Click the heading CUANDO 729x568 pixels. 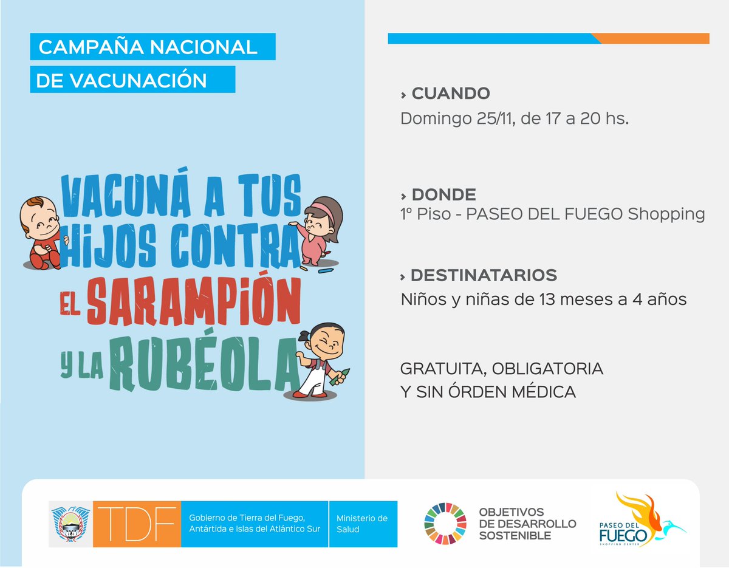[x=450, y=94]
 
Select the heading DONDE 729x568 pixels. [x=443, y=194]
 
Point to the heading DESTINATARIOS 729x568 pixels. [x=484, y=275]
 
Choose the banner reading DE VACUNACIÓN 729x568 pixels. [x=132, y=80]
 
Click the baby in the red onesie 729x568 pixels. [x=41, y=233]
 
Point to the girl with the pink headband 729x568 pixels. [x=321, y=230]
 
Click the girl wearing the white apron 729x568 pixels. [x=318, y=361]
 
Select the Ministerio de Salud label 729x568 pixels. [x=361, y=523]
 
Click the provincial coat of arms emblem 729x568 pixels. [x=70, y=523]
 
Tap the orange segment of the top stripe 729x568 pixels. [x=653, y=38]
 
